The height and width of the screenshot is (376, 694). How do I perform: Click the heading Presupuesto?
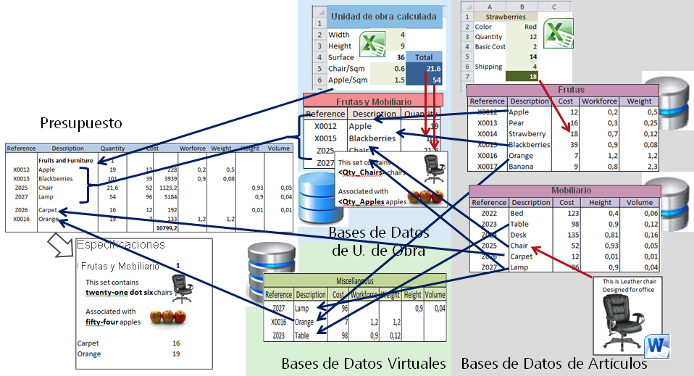coord(82,122)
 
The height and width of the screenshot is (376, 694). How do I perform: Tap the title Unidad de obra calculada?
coord(382,16)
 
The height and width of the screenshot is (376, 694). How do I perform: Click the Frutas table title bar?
coord(562,90)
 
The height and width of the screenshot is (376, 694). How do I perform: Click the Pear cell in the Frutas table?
coord(519,123)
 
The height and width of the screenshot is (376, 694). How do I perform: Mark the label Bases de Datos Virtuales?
coord(363,363)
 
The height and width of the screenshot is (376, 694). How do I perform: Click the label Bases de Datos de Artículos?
coord(553,363)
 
